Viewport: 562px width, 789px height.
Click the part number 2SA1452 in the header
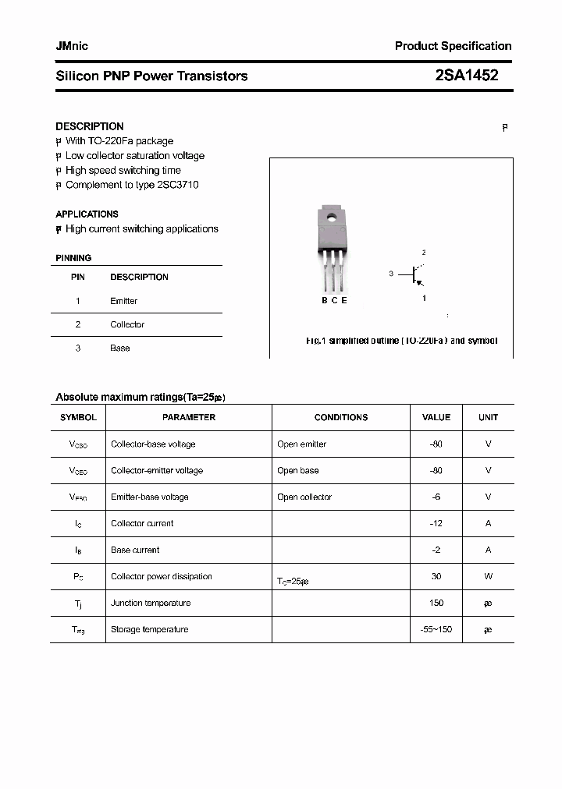click(x=467, y=76)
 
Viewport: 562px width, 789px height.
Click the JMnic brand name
click(x=72, y=46)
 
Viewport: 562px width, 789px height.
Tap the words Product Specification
click(x=453, y=46)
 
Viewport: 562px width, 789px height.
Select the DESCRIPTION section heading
click(x=90, y=126)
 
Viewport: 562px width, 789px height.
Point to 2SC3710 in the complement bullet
click(x=179, y=185)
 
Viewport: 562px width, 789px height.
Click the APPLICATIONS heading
click(x=87, y=214)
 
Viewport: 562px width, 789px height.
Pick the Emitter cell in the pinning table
click(x=123, y=301)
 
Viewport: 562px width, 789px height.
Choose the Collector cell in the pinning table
click(x=127, y=324)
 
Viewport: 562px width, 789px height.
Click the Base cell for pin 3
click(x=119, y=348)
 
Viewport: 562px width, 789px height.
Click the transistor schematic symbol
click(x=414, y=274)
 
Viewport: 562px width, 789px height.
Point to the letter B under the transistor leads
click(x=324, y=301)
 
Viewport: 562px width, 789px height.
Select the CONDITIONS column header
click(x=340, y=417)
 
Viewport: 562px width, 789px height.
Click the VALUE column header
click(x=436, y=417)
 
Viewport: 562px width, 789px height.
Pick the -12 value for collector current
click(x=436, y=523)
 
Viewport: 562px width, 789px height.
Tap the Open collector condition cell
click(x=304, y=497)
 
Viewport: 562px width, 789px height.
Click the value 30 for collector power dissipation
click(x=436, y=576)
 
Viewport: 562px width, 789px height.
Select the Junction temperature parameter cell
click(x=150, y=603)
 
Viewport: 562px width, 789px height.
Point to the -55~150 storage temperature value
click(x=436, y=629)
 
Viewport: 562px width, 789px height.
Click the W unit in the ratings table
click(x=488, y=576)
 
